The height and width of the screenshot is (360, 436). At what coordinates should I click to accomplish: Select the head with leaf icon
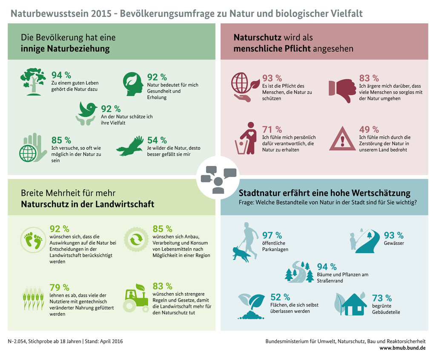coord(133,84)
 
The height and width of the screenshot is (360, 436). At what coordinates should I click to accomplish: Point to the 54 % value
coord(157,140)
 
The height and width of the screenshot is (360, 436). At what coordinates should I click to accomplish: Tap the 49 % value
coord(369,129)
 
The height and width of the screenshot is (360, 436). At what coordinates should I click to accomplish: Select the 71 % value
coord(272,129)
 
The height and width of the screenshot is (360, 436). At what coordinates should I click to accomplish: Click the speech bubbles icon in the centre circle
coord(218,178)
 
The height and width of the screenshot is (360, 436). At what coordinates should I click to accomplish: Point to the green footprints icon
coord(33,240)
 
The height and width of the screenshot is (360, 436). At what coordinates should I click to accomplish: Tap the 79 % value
coord(59,287)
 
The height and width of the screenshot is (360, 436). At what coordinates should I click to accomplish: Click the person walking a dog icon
coord(245,242)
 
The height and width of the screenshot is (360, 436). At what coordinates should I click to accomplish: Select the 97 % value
coord(272,235)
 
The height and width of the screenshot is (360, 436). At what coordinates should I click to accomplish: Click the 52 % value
coord(280,297)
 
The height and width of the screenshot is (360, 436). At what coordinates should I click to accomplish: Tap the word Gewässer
coord(394,243)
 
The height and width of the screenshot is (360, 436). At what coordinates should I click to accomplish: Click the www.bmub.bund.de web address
coord(402,348)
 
